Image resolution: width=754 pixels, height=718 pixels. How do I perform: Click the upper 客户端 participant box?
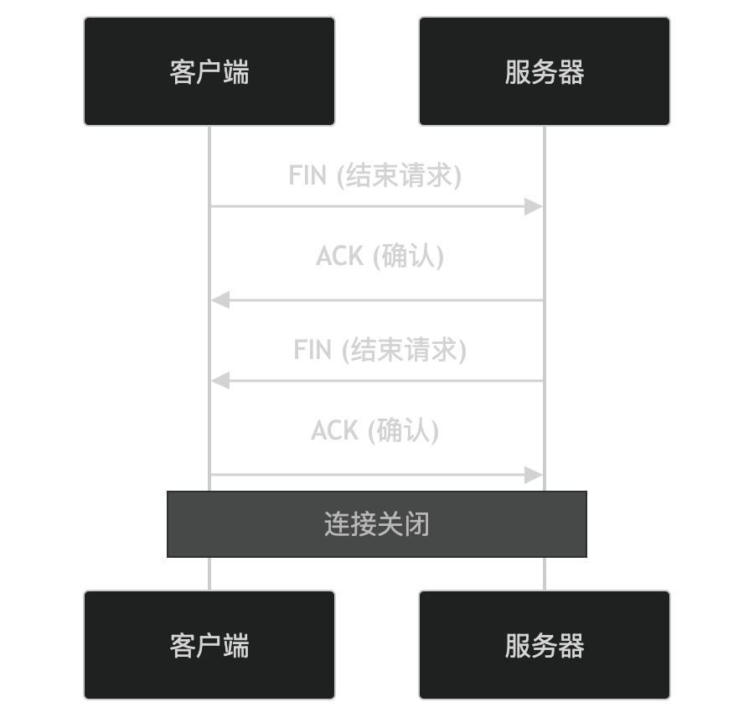[x=209, y=71]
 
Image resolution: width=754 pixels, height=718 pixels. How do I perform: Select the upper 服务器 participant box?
[x=545, y=71]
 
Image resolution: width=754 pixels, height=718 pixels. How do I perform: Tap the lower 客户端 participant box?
[x=209, y=645]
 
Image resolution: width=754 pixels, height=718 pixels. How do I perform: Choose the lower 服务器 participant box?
[x=545, y=645]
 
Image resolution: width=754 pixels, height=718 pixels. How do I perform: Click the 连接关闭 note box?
[x=377, y=524]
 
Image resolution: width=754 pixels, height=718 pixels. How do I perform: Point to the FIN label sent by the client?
[x=375, y=175]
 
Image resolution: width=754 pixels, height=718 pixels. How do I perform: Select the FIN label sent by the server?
[x=380, y=349]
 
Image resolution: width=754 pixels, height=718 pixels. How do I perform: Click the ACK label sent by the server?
[x=380, y=256]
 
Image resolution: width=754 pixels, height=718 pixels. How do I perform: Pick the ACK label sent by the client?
[x=375, y=430]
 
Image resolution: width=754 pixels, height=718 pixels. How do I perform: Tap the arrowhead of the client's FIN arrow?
[x=535, y=206]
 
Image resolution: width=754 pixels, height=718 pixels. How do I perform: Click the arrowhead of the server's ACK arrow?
[x=219, y=299]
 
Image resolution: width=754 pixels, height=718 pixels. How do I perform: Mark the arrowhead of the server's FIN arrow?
[x=219, y=381]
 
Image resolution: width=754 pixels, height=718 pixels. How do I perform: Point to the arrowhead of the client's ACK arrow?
[x=535, y=476]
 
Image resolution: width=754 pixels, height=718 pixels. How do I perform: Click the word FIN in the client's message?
[x=307, y=175]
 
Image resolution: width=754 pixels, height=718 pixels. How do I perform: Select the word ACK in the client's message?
[x=335, y=430]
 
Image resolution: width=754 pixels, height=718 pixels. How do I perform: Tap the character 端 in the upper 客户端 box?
[x=236, y=71]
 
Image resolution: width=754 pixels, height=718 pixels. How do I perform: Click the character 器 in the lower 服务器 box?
[x=571, y=645]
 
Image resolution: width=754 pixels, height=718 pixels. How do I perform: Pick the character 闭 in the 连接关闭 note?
[x=416, y=524]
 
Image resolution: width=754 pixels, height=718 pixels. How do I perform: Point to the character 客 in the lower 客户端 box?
[x=183, y=645]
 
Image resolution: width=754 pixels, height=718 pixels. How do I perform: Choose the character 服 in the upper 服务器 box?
[x=518, y=71]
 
